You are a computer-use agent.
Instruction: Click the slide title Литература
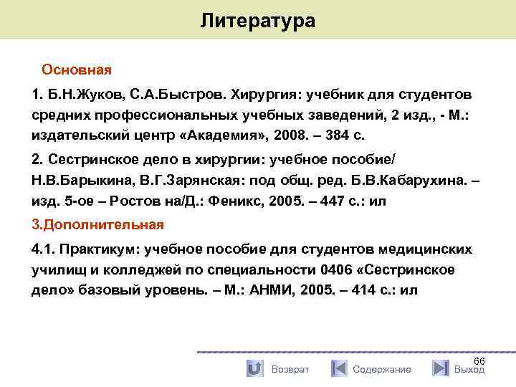point(257,21)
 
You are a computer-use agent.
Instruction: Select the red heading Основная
point(77,70)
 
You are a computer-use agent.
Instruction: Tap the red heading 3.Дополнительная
point(98,224)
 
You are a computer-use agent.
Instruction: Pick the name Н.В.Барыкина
point(75,181)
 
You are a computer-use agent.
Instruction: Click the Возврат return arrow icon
point(254,368)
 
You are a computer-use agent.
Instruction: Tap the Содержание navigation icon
point(338,368)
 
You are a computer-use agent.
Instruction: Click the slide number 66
point(479,361)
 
